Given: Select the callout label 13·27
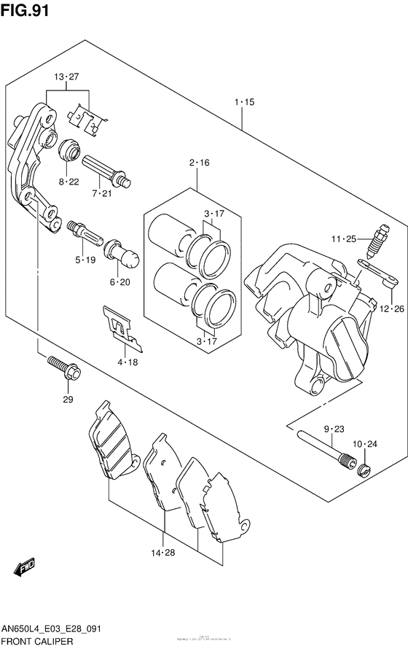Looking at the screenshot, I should click(65, 78).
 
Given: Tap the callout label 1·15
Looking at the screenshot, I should click(244, 103).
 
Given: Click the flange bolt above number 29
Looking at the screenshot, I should click(64, 368).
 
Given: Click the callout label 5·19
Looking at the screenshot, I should click(85, 259).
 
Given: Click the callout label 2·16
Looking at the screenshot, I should click(199, 163).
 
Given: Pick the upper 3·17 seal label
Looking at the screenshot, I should click(214, 214).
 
